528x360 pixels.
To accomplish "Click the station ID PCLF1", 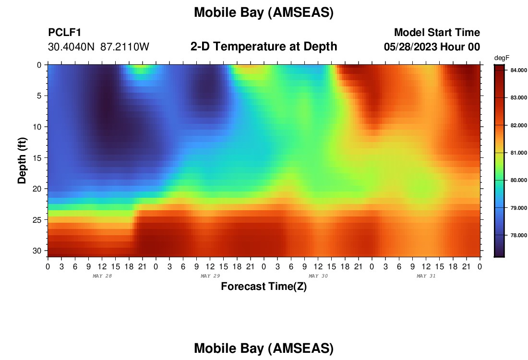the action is point(65,32).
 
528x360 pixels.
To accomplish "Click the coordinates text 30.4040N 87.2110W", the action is point(98,47).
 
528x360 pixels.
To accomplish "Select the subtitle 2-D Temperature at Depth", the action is point(264,47).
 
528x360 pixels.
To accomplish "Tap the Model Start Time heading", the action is point(437,32).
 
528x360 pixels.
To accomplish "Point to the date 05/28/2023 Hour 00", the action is point(432,47).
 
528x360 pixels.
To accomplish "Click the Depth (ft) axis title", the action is point(22,160).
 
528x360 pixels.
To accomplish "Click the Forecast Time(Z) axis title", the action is point(264,286).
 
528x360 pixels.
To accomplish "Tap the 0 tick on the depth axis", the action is point(39,65).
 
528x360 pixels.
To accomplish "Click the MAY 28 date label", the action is point(102,276).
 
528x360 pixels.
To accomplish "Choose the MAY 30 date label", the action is point(318,276).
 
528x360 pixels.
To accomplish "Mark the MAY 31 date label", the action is point(426,276).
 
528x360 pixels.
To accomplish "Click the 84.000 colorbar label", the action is point(518,70).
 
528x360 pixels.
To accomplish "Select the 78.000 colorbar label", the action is point(518,235).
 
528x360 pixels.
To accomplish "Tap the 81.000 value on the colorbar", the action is point(518,153).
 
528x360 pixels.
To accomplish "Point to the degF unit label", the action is point(502,58).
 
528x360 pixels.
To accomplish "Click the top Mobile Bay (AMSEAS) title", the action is point(264,12).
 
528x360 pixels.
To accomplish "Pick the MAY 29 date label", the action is point(210,276).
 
